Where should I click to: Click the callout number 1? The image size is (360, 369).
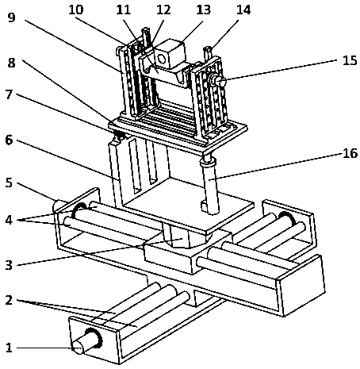click(x=9, y=348)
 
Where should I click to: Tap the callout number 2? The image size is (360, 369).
click(x=9, y=300)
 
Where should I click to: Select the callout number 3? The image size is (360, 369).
click(x=9, y=265)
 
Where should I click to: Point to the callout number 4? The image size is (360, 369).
click(x=9, y=220)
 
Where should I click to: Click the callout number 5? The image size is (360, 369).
click(x=9, y=183)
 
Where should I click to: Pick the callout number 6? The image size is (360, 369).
click(x=9, y=140)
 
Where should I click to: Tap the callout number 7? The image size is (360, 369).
click(x=9, y=94)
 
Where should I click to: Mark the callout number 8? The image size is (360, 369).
click(x=11, y=63)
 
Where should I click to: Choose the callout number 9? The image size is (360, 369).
click(x=11, y=17)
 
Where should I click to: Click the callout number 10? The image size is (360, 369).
click(x=76, y=10)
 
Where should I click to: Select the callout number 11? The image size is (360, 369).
click(x=124, y=10)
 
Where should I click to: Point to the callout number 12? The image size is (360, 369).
click(x=163, y=10)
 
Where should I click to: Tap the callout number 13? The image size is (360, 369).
click(x=203, y=10)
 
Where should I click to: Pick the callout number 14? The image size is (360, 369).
click(x=243, y=10)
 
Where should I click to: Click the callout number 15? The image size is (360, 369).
click(x=350, y=60)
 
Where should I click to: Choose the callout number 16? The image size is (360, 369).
click(x=350, y=153)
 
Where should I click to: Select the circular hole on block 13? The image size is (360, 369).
click(x=162, y=59)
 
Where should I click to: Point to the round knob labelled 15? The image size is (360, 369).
click(x=218, y=81)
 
